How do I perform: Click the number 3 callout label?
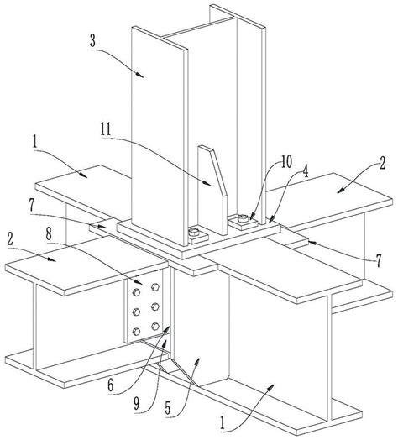pos(92,41)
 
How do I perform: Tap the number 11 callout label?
pos(106,129)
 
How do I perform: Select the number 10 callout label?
pos(286,162)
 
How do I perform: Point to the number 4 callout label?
pos(305,172)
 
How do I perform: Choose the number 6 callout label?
pos(110,385)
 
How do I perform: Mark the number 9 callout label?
pos(136,405)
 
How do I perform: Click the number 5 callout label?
pos(168,409)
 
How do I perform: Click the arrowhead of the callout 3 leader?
pos(140,75)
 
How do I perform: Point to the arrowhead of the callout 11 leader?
pos(207,183)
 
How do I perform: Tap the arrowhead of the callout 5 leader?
pos(198,361)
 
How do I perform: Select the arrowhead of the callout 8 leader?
pos(139,282)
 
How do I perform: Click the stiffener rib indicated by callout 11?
pos(212,191)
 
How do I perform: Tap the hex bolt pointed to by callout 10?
pos(243,217)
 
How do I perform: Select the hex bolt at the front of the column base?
pos(193,233)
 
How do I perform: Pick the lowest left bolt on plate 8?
pos(136,332)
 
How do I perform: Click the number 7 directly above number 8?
pos(31,206)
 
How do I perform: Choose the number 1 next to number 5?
pos(223,423)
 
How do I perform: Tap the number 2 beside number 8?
pos(10,239)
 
